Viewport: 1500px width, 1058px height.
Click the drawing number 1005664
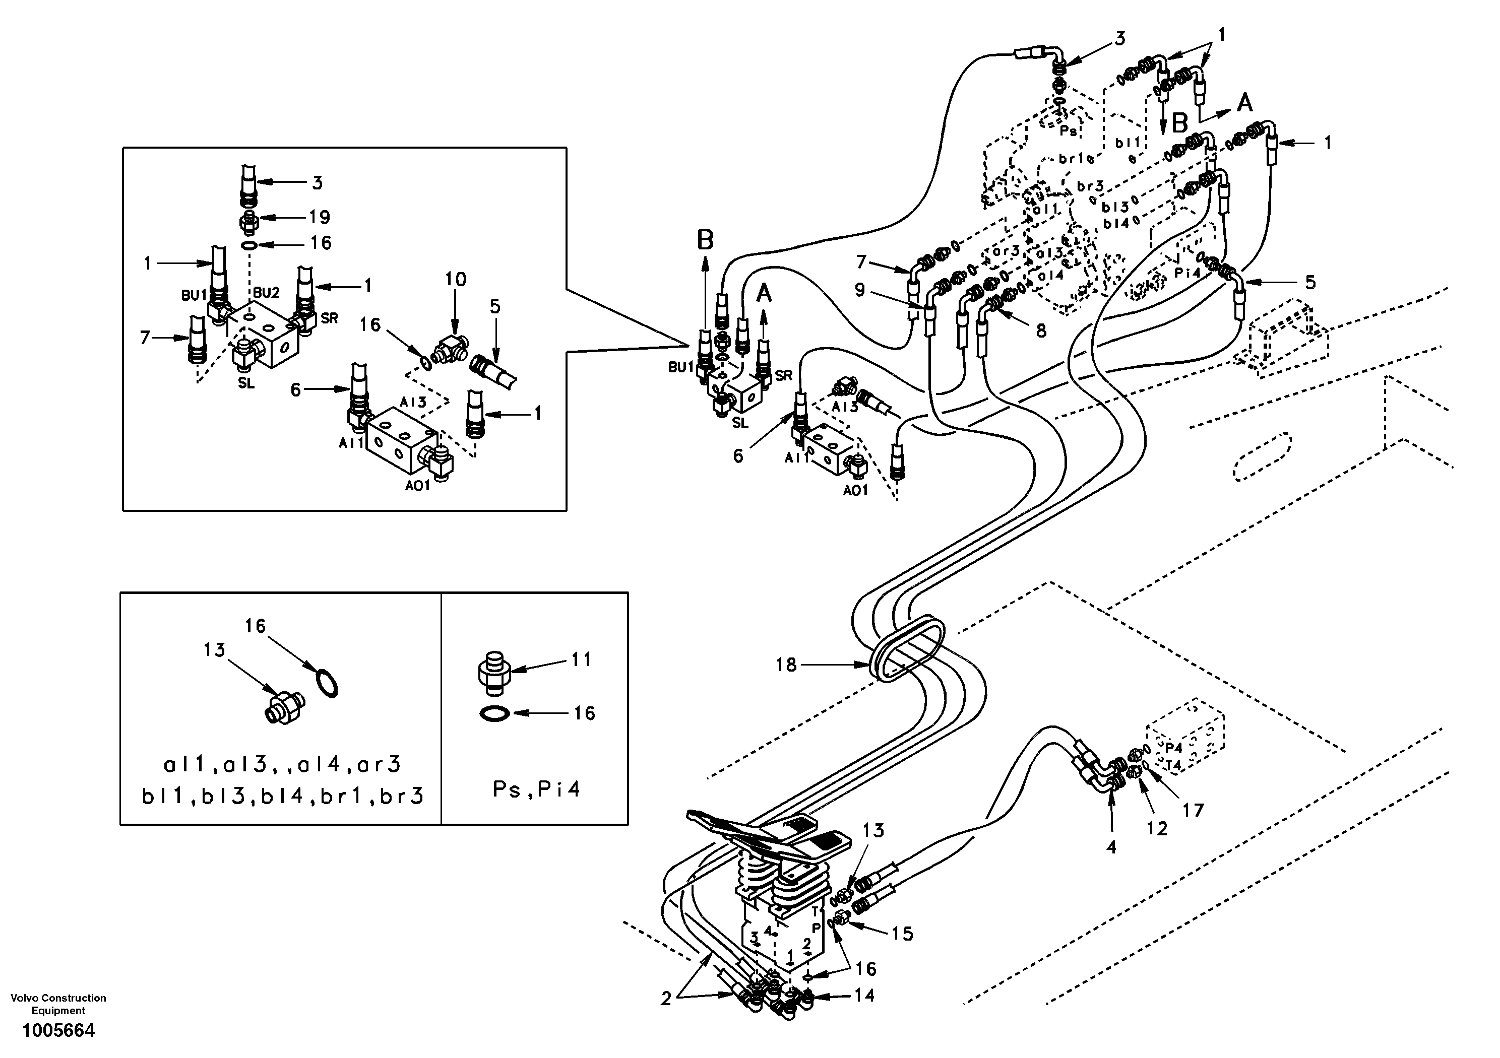[59, 1031]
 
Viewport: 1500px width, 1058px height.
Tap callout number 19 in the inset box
[319, 217]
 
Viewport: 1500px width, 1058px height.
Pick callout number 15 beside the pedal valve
[902, 934]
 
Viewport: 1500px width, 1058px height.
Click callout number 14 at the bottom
[864, 996]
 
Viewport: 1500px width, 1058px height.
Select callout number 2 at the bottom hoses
[666, 999]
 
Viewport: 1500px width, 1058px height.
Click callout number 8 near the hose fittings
[1041, 330]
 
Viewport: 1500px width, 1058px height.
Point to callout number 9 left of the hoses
[860, 289]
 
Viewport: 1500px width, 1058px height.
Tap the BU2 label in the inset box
[266, 293]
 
